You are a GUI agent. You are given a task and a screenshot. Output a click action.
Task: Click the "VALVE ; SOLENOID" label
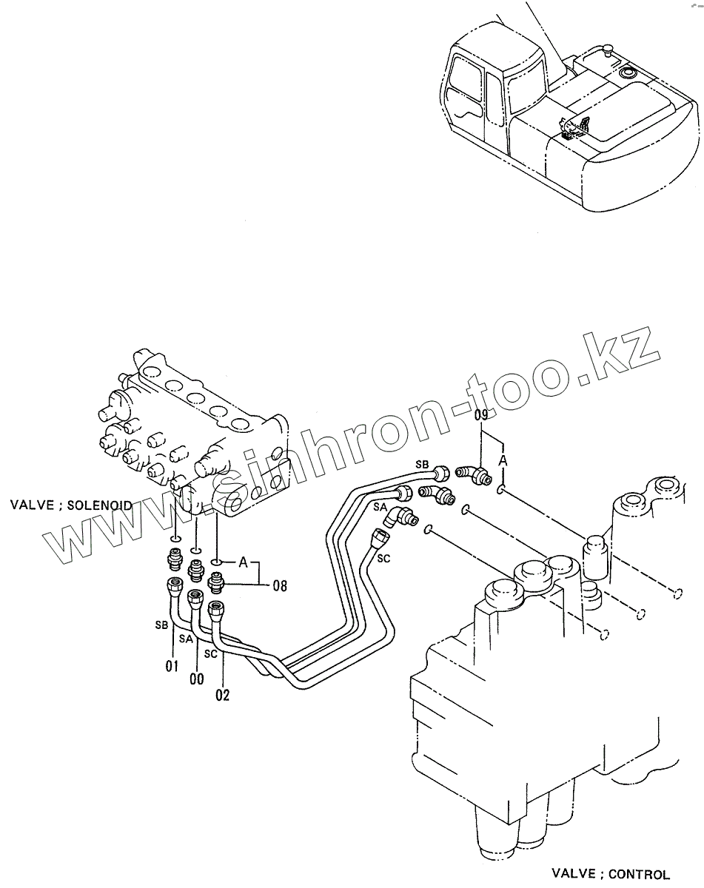point(71,505)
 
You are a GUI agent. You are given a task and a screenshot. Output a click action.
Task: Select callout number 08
point(279,586)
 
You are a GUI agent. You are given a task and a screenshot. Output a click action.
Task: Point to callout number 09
point(481,416)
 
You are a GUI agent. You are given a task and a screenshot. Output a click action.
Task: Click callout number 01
point(172,666)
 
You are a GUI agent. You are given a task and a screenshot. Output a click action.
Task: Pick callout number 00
point(196,679)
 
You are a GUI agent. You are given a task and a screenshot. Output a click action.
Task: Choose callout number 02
point(222,695)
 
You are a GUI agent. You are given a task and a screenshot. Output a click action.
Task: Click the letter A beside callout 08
point(243,562)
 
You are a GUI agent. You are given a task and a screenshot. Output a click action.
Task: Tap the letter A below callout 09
point(503,461)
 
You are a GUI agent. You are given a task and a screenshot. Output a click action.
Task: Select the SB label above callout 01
point(161,625)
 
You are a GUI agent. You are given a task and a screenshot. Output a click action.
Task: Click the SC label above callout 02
point(211,654)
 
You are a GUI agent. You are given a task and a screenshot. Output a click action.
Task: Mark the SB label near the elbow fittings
point(421,464)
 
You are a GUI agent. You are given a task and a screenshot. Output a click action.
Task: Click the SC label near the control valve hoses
point(383,559)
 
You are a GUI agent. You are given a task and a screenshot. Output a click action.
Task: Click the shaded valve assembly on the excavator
point(575,128)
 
